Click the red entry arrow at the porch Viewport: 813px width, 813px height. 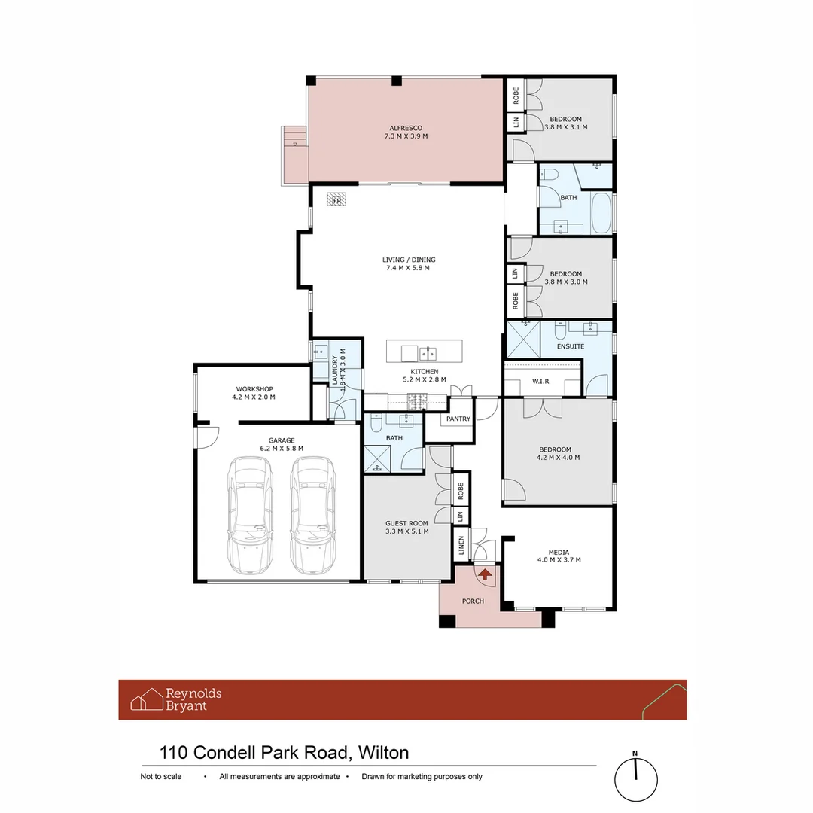[485, 574]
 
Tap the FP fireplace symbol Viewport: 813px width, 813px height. [336, 199]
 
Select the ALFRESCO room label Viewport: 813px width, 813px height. [406, 128]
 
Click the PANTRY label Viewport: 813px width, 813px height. [458, 419]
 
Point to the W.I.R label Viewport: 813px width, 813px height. [540, 382]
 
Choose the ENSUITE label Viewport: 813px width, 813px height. [571, 346]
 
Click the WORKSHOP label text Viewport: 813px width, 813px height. [254, 389]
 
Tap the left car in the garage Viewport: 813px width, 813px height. [251, 515]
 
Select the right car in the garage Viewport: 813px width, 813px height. [313, 515]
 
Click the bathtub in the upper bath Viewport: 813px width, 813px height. [601, 214]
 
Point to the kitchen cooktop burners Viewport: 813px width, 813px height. [417, 400]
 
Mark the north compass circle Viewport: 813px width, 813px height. [635, 779]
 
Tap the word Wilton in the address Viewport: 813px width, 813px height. [384, 752]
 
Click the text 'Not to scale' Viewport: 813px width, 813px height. [161, 776]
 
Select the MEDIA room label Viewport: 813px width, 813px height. [559, 553]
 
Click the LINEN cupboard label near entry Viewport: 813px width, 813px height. [461, 545]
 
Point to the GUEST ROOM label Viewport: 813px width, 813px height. [406, 524]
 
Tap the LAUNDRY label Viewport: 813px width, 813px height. [335, 370]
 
